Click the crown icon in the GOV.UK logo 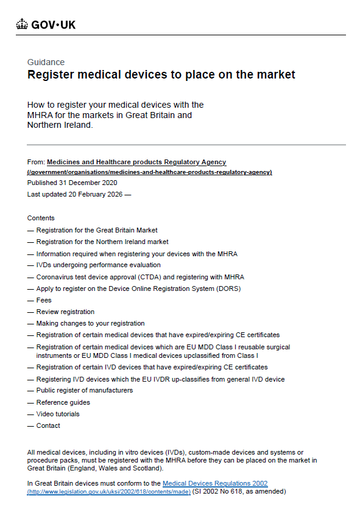[23, 24]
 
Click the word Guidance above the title [46, 62]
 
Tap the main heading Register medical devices [161, 75]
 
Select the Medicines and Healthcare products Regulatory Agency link [136, 162]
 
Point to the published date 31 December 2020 [88, 183]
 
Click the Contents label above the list [41, 218]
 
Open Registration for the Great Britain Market [97, 230]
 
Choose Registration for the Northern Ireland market [102, 242]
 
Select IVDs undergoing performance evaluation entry [98, 265]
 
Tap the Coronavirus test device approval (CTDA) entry [139, 277]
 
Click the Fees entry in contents [44, 300]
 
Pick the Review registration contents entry [65, 312]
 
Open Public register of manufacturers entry [84, 390]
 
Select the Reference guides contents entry [63, 402]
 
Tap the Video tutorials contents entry [58, 414]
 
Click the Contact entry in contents [48, 425]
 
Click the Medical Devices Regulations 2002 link [215, 483]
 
